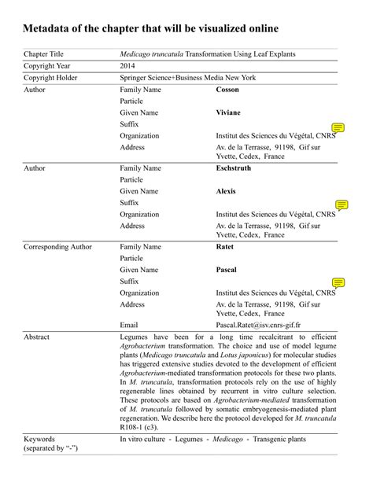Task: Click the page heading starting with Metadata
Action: click(x=150, y=29)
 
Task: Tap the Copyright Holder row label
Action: click(x=50, y=79)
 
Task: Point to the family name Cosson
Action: click(x=227, y=90)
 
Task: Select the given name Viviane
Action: click(x=229, y=112)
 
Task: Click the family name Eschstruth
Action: click(x=234, y=168)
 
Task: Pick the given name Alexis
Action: click(x=227, y=191)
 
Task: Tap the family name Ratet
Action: click(x=225, y=247)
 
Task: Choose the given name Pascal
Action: click(x=227, y=270)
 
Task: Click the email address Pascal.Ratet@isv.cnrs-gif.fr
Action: click(x=258, y=325)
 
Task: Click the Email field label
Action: click(x=129, y=325)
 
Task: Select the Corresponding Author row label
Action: click(x=57, y=247)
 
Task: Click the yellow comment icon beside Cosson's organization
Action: click(x=338, y=127)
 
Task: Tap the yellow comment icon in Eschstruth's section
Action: click(x=341, y=205)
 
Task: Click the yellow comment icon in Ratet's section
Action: click(x=338, y=283)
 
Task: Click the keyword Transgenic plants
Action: click(x=277, y=440)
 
